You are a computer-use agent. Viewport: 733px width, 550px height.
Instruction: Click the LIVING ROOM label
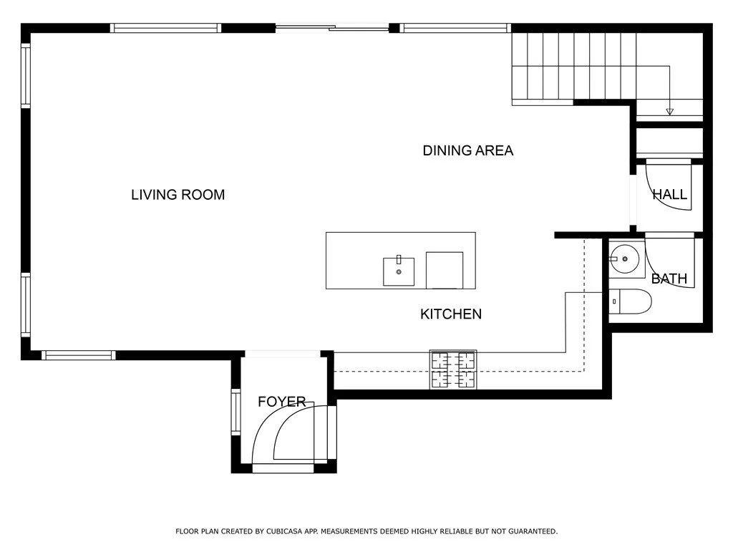(x=178, y=195)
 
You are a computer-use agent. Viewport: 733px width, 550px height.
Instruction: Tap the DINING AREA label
(x=468, y=150)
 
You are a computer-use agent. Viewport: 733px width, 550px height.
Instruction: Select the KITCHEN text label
(x=451, y=314)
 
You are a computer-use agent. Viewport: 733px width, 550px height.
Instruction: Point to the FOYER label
(x=282, y=401)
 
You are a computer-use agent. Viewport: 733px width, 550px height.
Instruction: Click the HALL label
(x=670, y=194)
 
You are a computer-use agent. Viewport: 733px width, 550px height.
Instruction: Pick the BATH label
(x=669, y=279)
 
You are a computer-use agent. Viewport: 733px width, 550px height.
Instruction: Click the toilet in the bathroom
(x=630, y=301)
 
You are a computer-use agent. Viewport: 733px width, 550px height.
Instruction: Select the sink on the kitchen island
(x=399, y=271)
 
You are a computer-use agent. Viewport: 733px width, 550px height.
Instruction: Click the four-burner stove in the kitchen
(x=453, y=370)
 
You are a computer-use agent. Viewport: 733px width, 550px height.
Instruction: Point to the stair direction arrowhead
(x=669, y=112)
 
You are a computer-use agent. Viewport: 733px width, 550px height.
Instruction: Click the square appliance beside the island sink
(x=444, y=270)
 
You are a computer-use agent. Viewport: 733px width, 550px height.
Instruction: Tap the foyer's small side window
(x=236, y=412)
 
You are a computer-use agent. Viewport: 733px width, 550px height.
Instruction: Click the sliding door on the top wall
(x=332, y=28)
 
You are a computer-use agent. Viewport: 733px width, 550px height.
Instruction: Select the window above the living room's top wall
(x=165, y=28)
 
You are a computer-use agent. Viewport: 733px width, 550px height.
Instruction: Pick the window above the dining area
(x=455, y=28)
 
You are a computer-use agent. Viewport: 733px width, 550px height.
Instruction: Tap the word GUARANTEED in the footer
(x=533, y=531)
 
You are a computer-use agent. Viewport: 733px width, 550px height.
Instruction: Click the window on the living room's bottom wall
(x=79, y=355)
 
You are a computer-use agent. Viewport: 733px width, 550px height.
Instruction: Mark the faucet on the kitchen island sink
(x=399, y=259)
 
